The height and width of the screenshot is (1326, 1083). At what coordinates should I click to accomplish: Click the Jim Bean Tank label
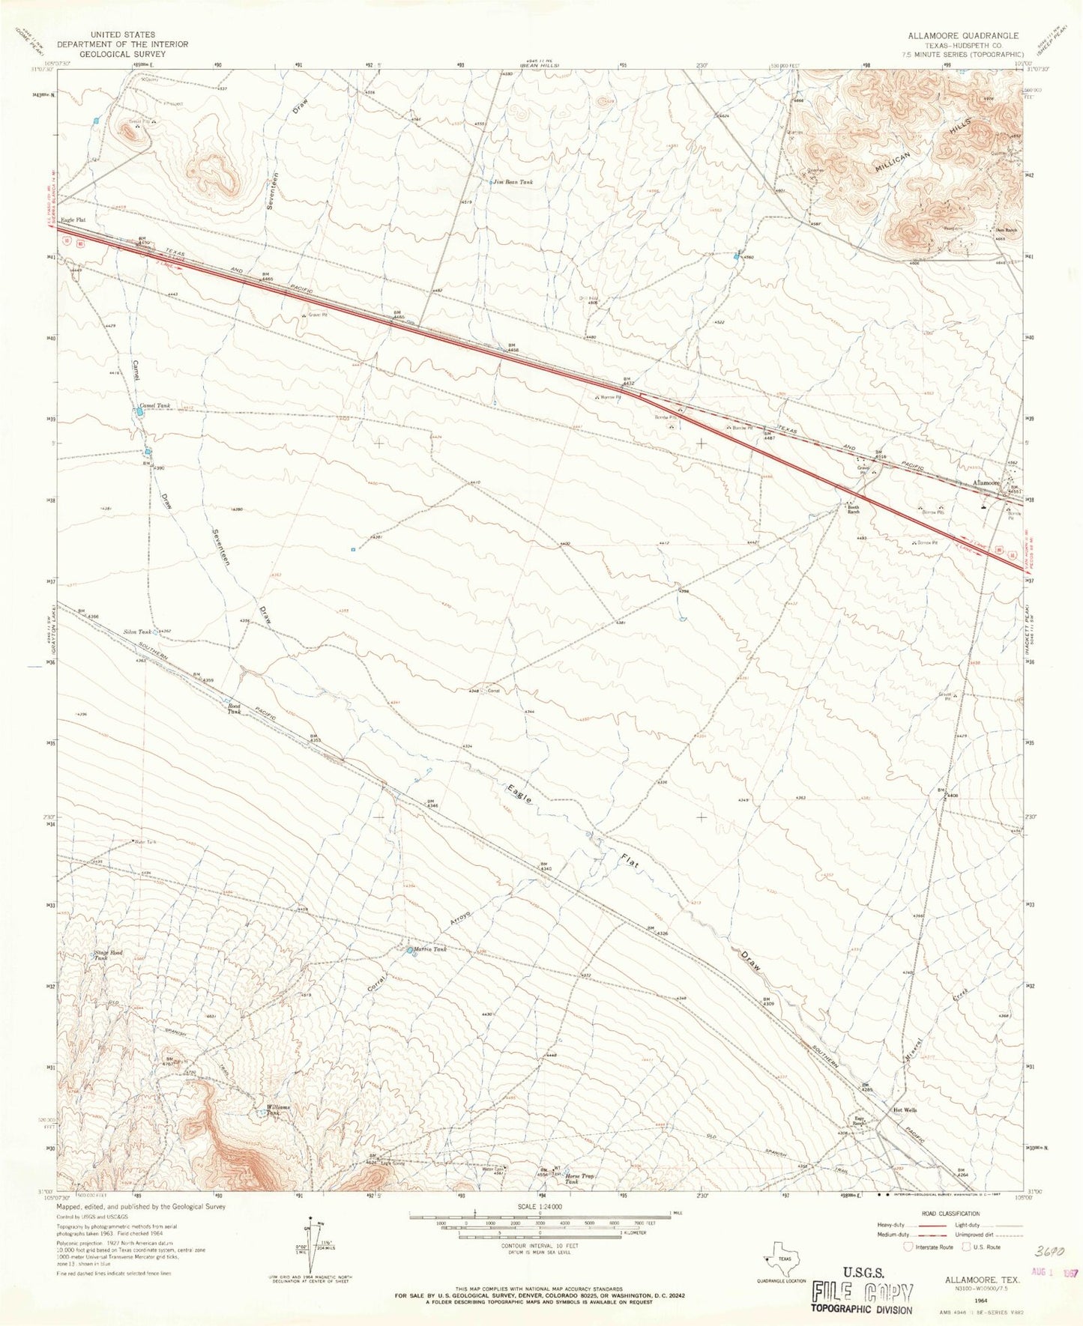(x=513, y=182)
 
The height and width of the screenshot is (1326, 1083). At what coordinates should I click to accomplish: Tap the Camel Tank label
(x=154, y=405)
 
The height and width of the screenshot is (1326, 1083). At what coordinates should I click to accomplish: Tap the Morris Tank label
(x=432, y=949)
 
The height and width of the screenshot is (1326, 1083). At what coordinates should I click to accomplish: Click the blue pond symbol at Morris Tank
(x=410, y=951)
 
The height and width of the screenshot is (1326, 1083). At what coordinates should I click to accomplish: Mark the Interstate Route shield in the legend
(x=909, y=1247)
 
